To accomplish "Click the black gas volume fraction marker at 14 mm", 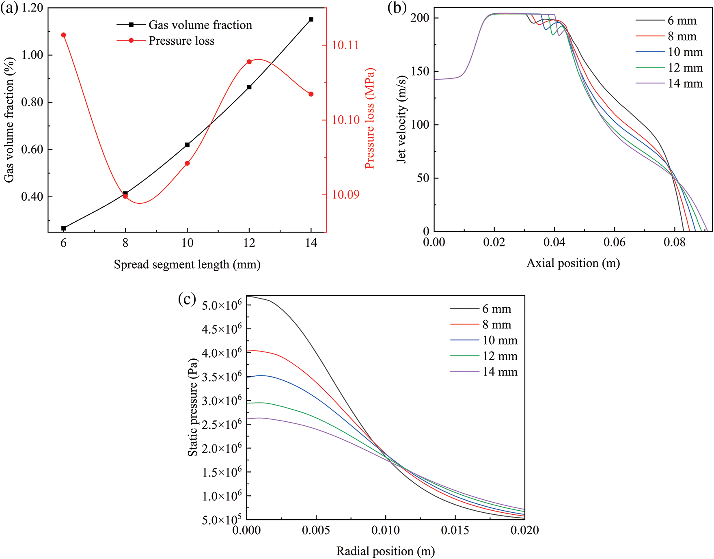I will tap(311, 19).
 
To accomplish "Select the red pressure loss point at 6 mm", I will tap(63, 35).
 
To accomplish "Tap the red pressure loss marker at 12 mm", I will tap(249, 62).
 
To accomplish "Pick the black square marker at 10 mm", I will tap(187, 145).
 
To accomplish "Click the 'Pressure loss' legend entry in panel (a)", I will tap(181, 41).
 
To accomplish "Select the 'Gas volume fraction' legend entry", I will tap(200, 25).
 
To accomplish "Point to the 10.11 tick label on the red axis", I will tap(345, 45).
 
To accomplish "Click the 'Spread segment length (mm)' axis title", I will tap(187, 265).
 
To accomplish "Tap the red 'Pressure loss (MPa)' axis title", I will tap(369, 118).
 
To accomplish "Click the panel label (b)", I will tap(397, 8).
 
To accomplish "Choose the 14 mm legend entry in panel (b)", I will tap(685, 84).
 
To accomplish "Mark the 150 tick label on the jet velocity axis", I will tap(420, 71).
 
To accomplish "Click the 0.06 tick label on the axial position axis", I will tap(614, 243).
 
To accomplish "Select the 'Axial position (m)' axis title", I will tap(573, 263).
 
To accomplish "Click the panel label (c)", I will tap(187, 299).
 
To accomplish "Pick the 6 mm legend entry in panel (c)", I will tap(496, 309).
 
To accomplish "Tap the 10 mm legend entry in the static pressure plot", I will tap(500, 341).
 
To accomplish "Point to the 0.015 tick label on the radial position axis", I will tap(455, 530).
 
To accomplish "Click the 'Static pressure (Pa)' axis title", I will tap(193, 407).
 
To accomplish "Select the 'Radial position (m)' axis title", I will tap(386, 551).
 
